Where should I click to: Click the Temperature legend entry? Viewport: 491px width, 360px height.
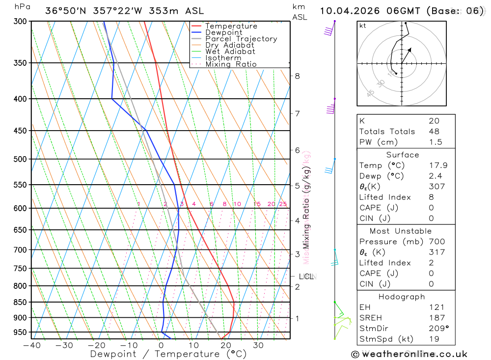coord(231,26)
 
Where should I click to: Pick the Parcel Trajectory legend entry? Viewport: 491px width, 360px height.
coord(241,39)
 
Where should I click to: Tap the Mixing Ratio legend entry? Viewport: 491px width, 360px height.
coord(231,64)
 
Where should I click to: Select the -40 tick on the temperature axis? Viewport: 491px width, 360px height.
coord(31,345)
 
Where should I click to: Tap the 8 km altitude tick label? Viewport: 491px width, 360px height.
coord(298,76)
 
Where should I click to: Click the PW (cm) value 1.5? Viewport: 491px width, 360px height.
coord(435,142)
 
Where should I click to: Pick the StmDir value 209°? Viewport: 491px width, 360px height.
coord(437,329)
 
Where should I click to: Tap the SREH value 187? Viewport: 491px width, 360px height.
coord(436,318)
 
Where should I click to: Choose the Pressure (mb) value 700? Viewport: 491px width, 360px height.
coord(436,242)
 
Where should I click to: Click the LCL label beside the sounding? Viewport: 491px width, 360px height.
coord(306,277)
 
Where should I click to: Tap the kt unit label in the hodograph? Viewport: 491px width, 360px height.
coord(363,26)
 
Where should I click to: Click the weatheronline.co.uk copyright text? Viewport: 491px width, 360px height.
coord(409,354)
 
